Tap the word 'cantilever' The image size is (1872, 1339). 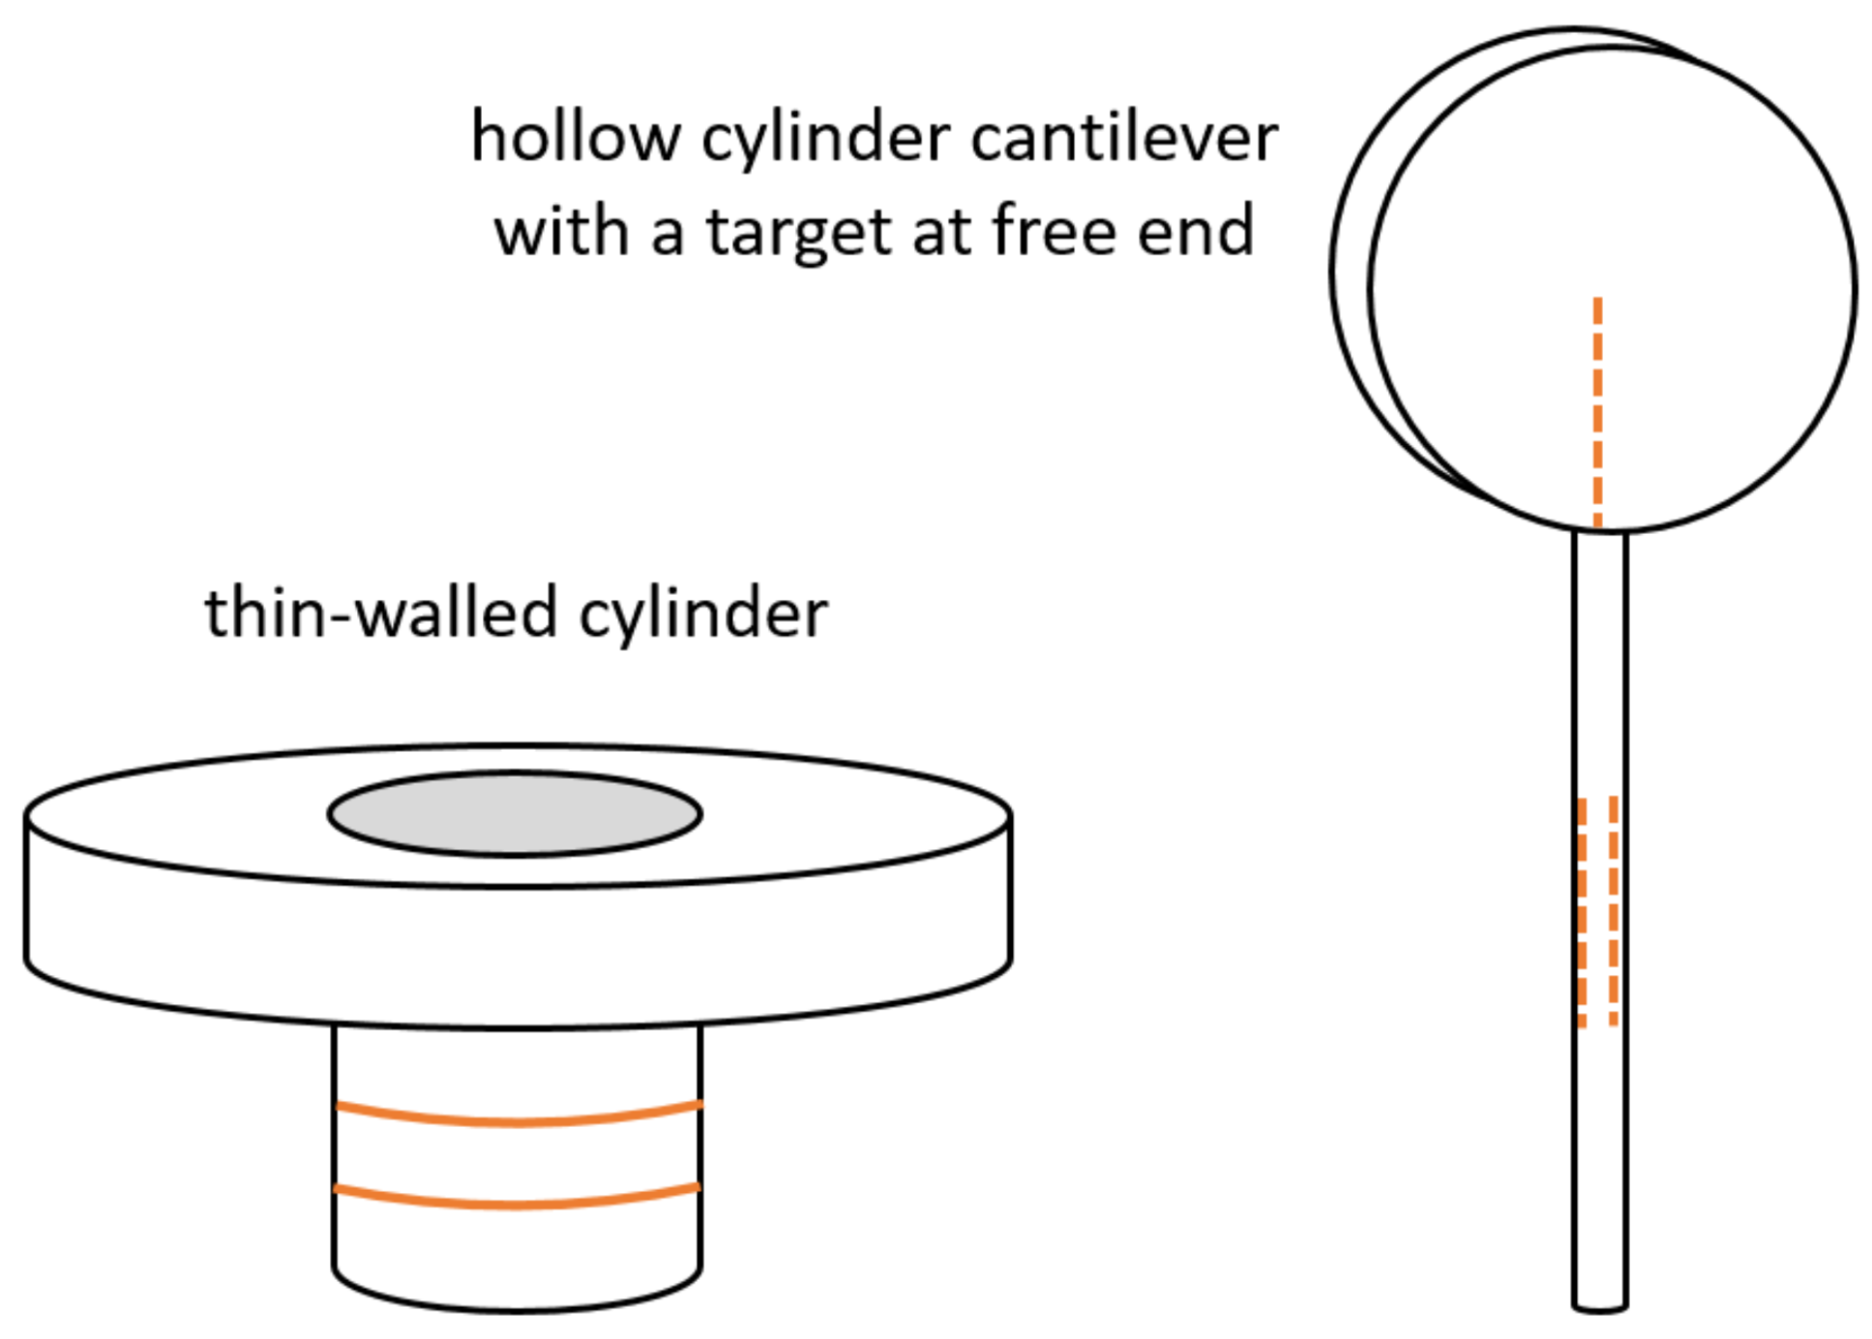click(1123, 137)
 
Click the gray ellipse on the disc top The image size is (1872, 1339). click(515, 814)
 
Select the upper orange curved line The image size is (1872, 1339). click(517, 1120)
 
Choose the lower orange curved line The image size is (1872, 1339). click(517, 1203)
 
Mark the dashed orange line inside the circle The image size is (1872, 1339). click(1597, 411)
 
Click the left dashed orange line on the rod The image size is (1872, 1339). click(1582, 909)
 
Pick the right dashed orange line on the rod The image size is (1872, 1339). click(1613, 909)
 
